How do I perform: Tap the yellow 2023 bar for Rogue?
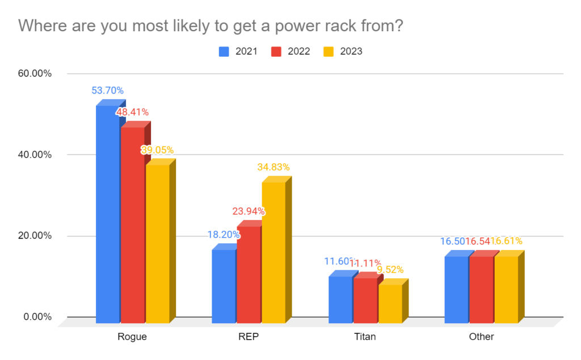(x=157, y=244)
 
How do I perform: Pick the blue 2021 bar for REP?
(x=224, y=286)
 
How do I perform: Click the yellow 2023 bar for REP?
(x=273, y=253)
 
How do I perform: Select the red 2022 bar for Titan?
(x=365, y=300)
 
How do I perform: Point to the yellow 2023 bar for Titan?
(x=390, y=304)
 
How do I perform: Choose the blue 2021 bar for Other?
(x=456, y=290)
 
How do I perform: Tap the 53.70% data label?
(x=107, y=90)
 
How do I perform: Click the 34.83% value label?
(x=273, y=167)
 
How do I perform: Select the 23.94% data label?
(x=249, y=211)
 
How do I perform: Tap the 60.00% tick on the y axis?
(x=35, y=74)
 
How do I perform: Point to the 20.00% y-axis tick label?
(x=35, y=236)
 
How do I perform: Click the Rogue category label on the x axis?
(x=132, y=336)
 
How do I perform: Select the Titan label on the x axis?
(x=364, y=336)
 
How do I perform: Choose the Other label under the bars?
(x=481, y=336)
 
